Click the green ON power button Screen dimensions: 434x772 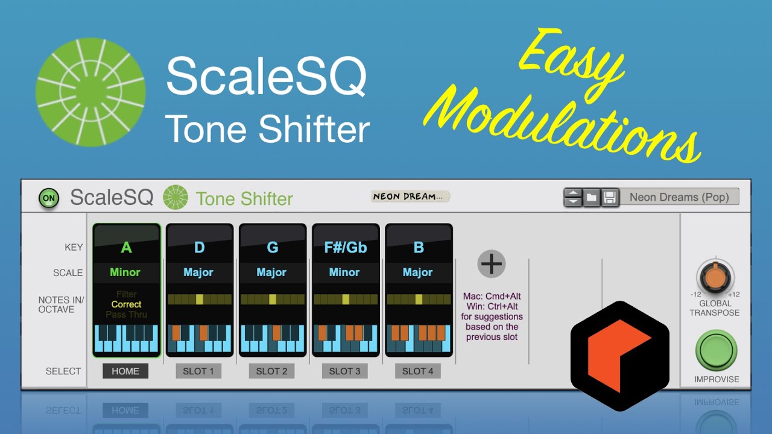[49, 198]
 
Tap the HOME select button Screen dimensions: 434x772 [125, 371]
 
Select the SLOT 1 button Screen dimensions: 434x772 [198, 371]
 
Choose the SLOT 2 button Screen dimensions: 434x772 [271, 371]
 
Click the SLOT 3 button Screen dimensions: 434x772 [344, 371]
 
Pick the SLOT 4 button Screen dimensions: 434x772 [417, 371]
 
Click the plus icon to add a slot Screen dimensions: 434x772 [492, 264]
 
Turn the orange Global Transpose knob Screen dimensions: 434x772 [715, 278]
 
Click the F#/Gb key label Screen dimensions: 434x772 [345, 248]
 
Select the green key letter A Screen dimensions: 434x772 [126, 248]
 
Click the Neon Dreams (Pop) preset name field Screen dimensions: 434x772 [679, 197]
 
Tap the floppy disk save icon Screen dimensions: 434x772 [610, 197]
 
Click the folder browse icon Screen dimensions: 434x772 [592, 197]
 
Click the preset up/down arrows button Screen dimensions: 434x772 [573, 197]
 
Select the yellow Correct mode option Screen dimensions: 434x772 [126, 304]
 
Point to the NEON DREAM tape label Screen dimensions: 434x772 [411, 197]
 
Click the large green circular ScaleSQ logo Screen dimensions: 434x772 [90, 92]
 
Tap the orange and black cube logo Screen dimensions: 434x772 [619, 356]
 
